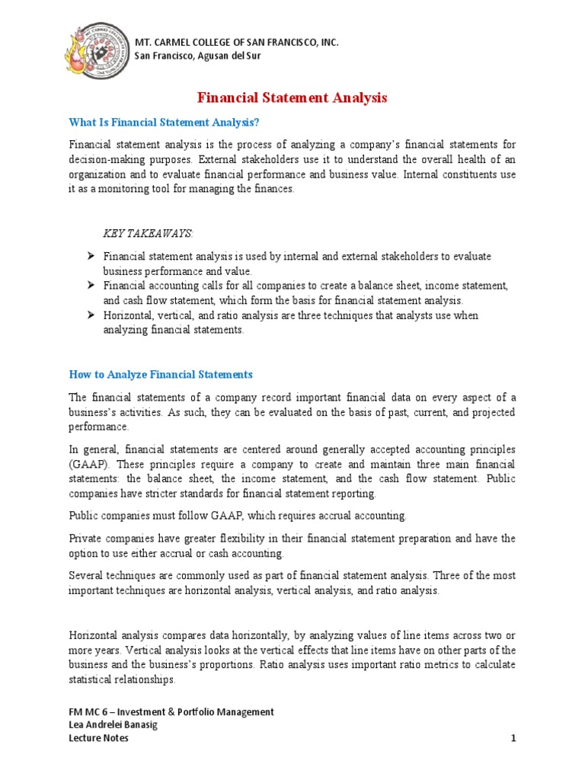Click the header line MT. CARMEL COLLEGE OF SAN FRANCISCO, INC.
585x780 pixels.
pos(236,42)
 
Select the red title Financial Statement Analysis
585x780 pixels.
pos(292,98)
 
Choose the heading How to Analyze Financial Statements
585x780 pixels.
pos(161,374)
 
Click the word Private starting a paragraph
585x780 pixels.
pos(86,539)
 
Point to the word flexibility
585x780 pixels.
pos(244,539)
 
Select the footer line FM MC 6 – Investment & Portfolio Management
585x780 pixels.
pos(171,711)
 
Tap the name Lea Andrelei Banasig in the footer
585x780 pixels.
pos(114,725)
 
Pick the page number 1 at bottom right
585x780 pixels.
pos(513,739)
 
